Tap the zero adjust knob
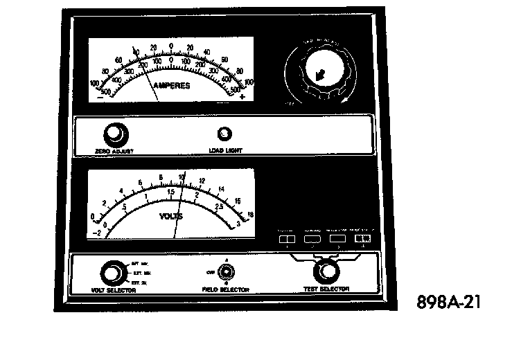(x=115, y=134)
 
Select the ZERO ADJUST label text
(x=114, y=150)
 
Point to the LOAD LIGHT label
(x=226, y=150)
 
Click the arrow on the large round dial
(x=320, y=74)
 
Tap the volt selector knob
(x=111, y=272)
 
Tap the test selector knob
(x=327, y=271)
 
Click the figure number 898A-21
(x=448, y=303)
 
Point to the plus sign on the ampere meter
(x=242, y=97)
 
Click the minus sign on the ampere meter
(x=101, y=97)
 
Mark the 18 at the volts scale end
(x=250, y=214)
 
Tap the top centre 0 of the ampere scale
(x=171, y=46)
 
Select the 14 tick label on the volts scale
(x=222, y=188)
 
